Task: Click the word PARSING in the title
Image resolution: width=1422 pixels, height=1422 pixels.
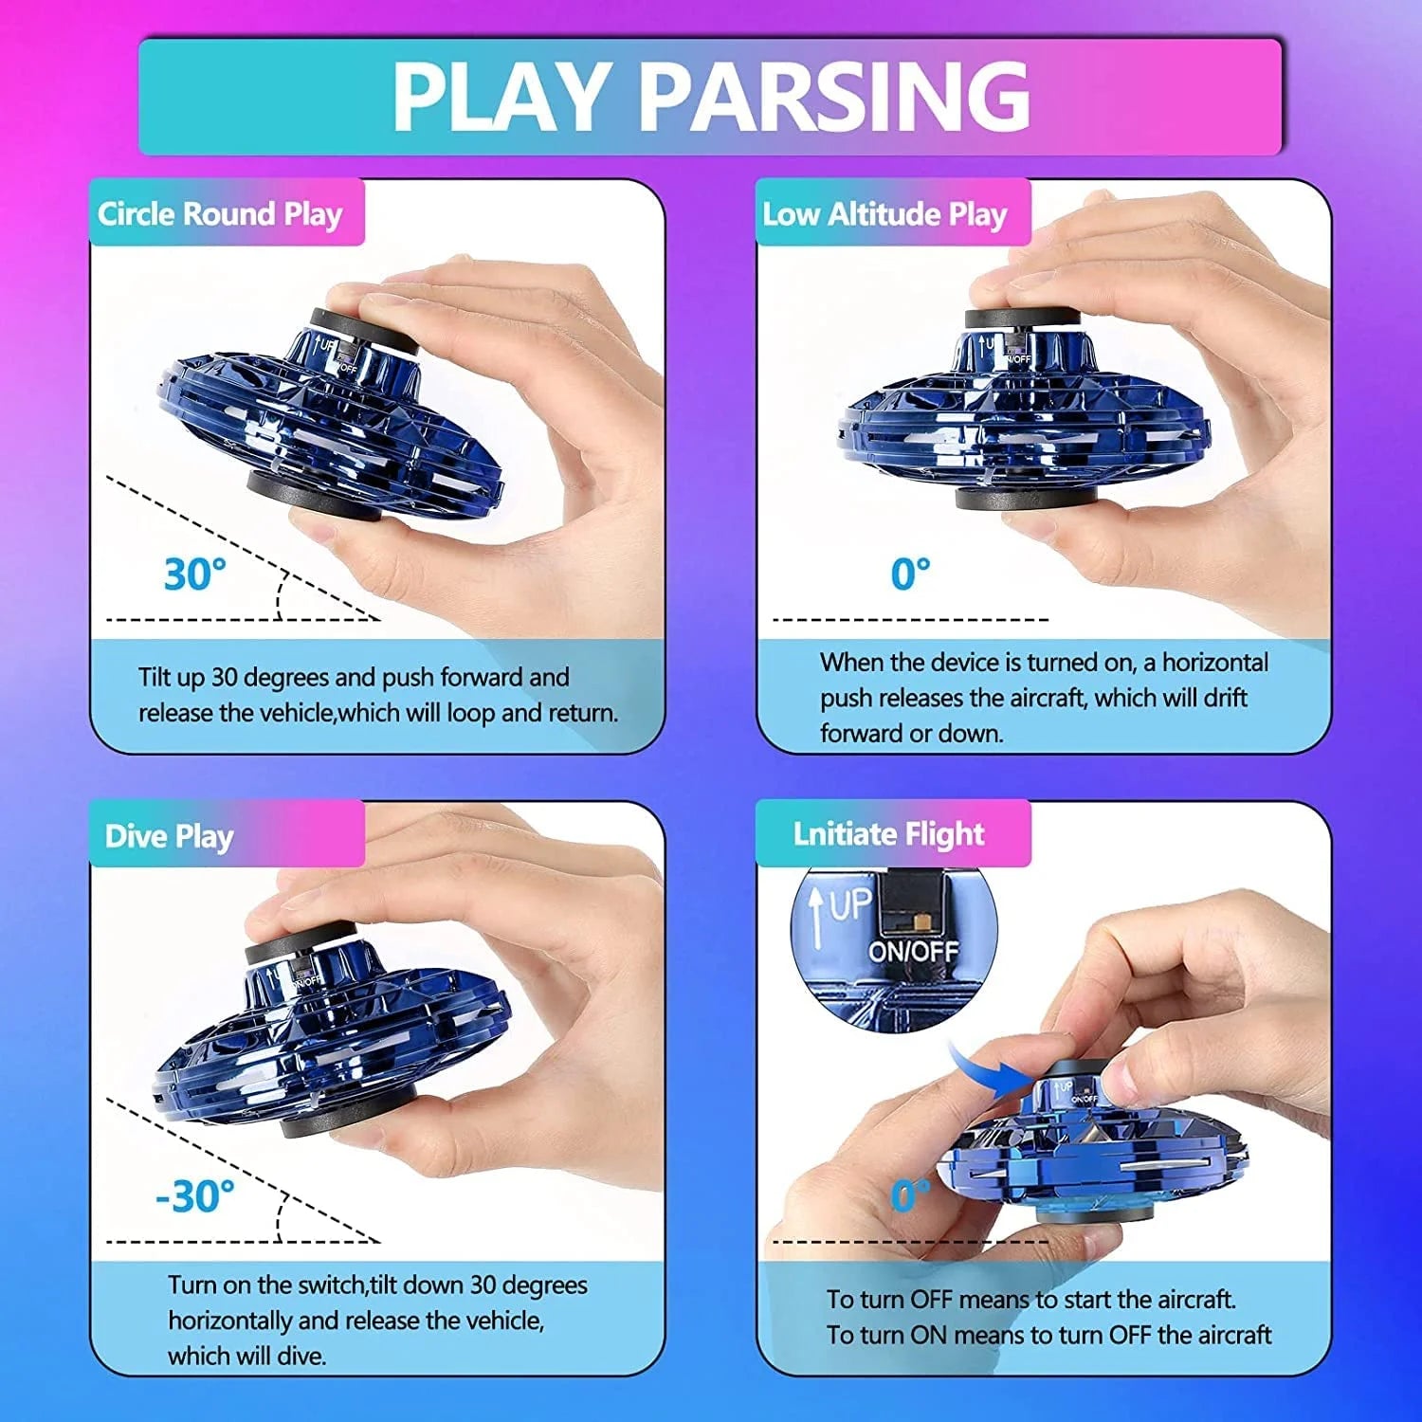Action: [x=836, y=95]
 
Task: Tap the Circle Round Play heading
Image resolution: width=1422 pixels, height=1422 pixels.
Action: [x=220, y=213]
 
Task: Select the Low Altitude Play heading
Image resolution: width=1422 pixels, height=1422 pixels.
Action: [x=884, y=213]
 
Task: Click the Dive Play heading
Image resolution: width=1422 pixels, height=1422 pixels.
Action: [x=169, y=835]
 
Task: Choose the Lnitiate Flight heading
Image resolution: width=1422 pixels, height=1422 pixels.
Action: [x=888, y=833]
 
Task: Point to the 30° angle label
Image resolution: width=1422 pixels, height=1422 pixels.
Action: [x=194, y=574]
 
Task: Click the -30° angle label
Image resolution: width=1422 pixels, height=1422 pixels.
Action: [x=194, y=1195]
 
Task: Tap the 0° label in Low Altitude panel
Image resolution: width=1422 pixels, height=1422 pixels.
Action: [x=910, y=574]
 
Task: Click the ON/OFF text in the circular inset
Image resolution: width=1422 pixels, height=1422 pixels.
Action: [x=913, y=951]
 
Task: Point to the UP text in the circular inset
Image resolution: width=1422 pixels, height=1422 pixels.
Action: [x=850, y=906]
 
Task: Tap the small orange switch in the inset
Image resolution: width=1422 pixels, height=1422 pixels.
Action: [x=919, y=921]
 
